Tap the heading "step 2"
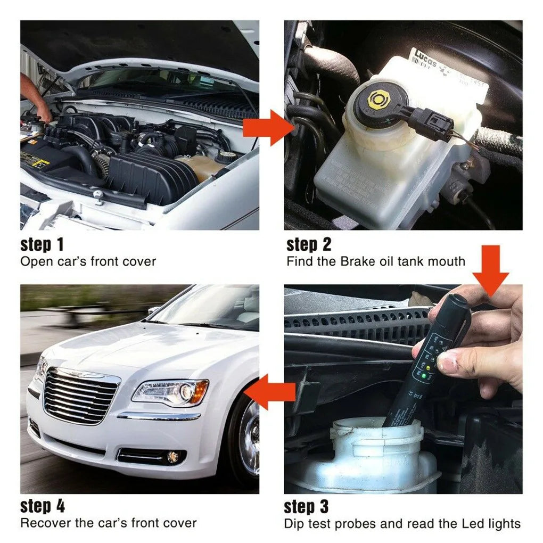308,245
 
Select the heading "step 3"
306,506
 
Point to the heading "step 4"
43,506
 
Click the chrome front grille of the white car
80,397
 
